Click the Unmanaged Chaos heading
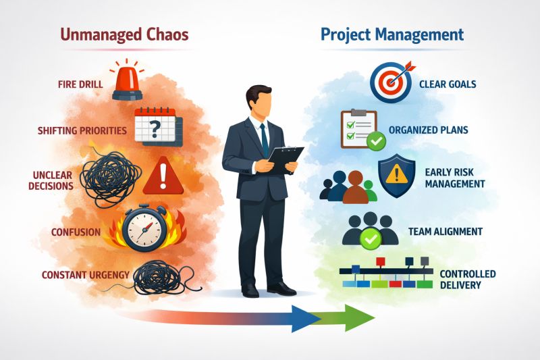(124, 35)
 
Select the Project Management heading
(392, 35)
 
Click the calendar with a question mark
(158, 126)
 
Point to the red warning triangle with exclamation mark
(163, 176)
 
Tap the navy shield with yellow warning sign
(396, 176)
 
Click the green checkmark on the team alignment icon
(371, 238)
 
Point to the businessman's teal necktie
(264, 140)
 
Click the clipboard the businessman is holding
(284, 159)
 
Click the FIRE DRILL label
(80, 84)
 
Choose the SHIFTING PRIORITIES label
(82, 130)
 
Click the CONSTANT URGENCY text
(86, 275)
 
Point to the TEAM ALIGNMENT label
(446, 232)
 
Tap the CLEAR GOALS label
(448, 84)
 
